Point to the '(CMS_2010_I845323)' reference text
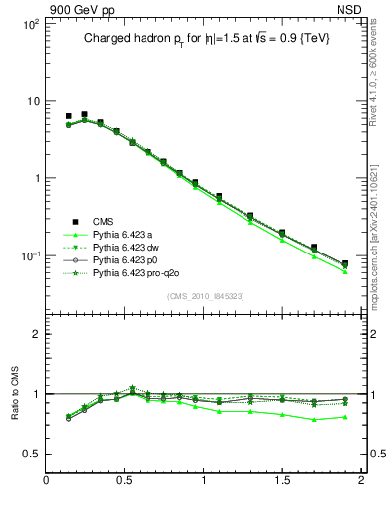click(205, 296)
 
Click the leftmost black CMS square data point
click(68, 116)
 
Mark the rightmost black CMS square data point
click(345, 263)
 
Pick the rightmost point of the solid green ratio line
click(345, 417)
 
